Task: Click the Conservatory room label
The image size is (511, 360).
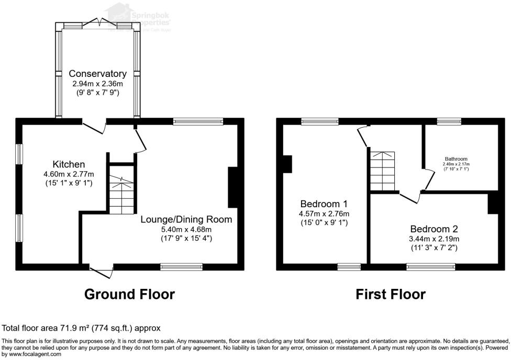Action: pyautogui.click(x=97, y=74)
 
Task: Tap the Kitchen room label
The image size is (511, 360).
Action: pyautogui.click(x=69, y=164)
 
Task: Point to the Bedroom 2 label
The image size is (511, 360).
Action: pyautogui.click(x=434, y=229)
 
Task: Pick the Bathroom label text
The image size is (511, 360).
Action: pyautogui.click(x=456, y=159)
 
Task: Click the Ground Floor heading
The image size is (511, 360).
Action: pyautogui.click(x=129, y=294)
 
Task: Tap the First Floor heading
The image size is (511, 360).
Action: pyautogui.click(x=391, y=294)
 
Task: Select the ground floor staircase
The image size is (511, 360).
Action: pyautogui.click(x=122, y=195)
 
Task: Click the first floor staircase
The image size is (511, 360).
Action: pyautogui.click(x=383, y=171)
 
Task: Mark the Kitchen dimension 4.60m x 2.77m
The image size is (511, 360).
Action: pyautogui.click(x=69, y=174)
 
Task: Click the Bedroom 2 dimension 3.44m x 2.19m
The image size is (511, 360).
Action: pyautogui.click(x=434, y=239)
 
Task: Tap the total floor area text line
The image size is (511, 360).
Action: pyautogui.click(x=81, y=328)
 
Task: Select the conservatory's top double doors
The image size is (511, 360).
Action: pyautogui.click(x=98, y=22)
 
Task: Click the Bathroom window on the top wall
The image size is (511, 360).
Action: pyautogui.click(x=449, y=121)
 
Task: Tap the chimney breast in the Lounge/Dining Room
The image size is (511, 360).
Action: pyautogui.click(x=232, y=187)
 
